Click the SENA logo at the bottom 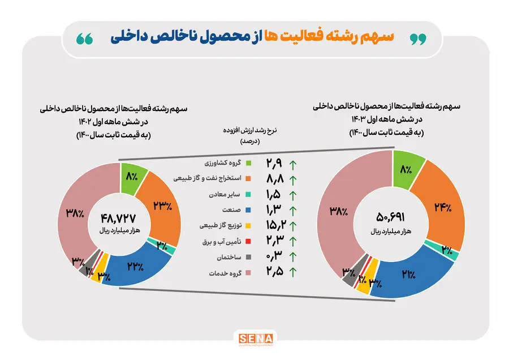[x=254, y=340]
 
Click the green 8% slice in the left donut [x=132, y=177]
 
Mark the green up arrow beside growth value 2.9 [x=292, y=165]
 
